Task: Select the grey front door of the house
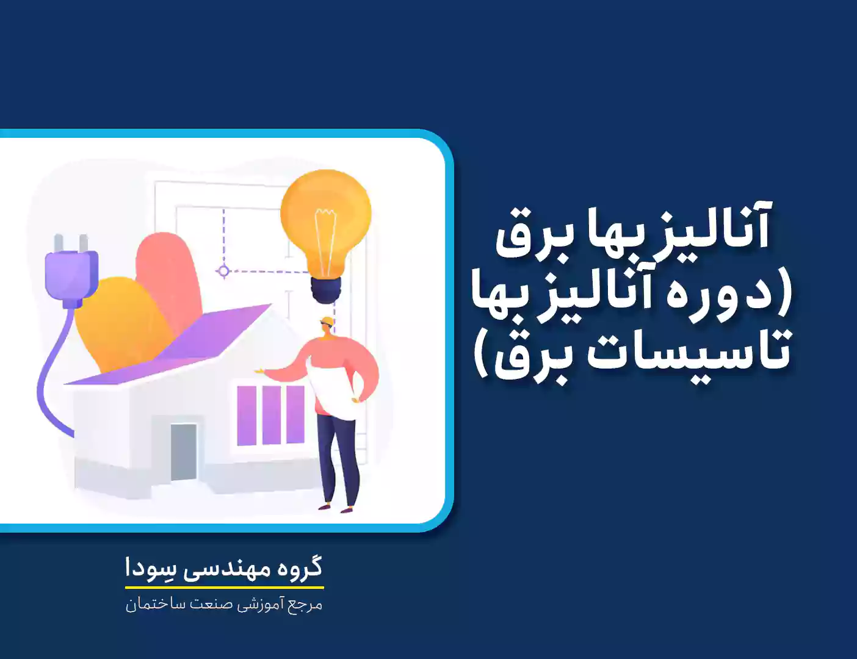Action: (x=183, y=452)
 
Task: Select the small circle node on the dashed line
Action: (x=223, y=271)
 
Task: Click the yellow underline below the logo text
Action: (x=225, y=587)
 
